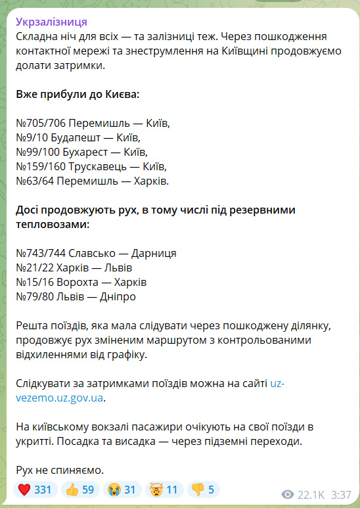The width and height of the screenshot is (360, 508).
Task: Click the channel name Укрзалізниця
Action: [x=52, y=22]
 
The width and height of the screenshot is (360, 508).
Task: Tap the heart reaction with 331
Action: [x=35, y=490]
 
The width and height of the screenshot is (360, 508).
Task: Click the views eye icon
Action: [x=286, y=494]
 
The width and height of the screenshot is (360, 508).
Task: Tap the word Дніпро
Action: [x=119, y=296]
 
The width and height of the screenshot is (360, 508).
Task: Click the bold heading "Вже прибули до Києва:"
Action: [x=78, y=94]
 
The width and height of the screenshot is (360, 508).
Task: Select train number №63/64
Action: [x=34, y=181]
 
